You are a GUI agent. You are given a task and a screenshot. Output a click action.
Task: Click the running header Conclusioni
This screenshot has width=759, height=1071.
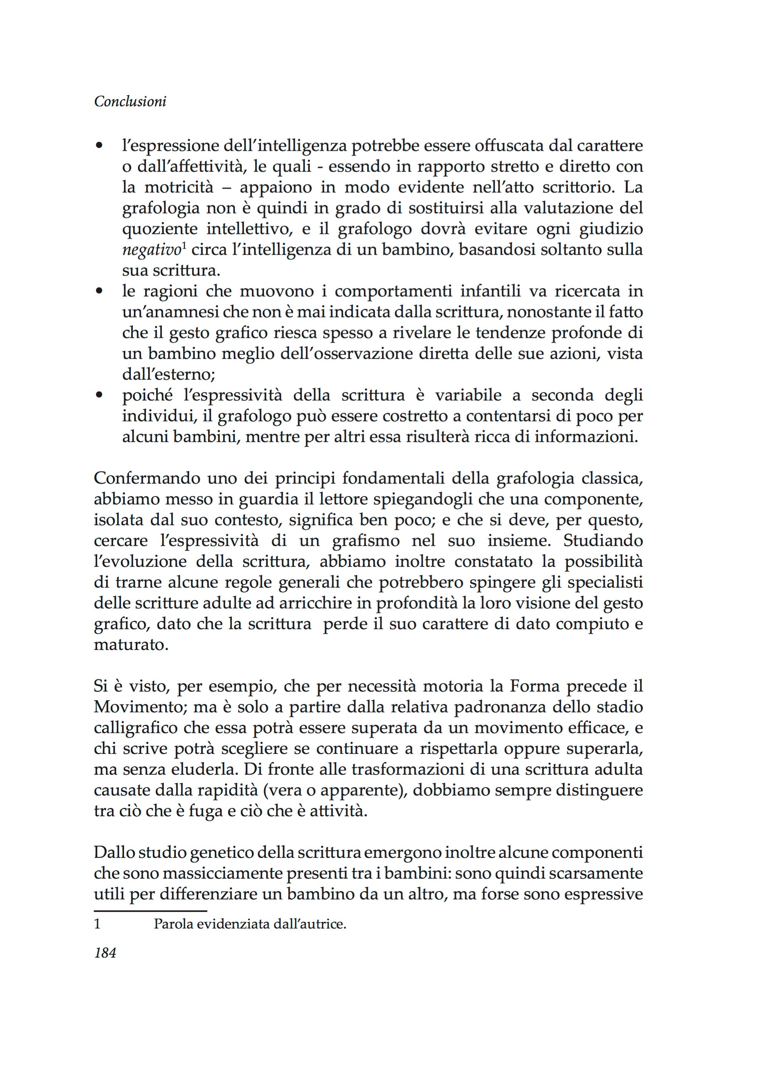(x=130, y=102)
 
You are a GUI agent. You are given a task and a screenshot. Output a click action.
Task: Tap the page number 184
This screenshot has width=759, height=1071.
(x=105, y=952)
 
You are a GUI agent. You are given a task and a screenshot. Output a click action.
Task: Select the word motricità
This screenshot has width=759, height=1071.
(x=178, y=187)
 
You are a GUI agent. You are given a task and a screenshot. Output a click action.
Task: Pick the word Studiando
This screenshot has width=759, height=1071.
(x=603, y=540)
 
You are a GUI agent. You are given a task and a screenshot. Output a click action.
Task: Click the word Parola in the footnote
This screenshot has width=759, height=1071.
(x=172, y=924)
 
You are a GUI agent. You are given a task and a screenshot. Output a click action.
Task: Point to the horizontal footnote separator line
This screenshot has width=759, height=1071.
(x=150, y=911)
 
